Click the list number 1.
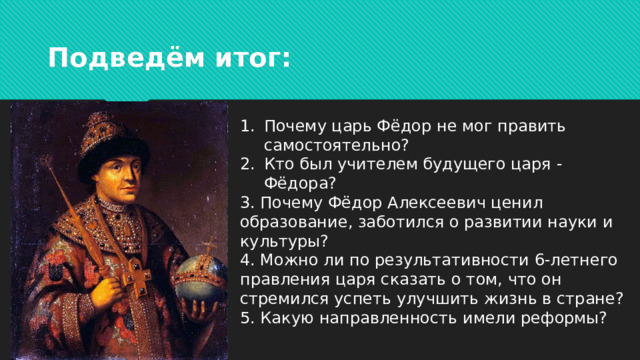coord(248,126)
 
